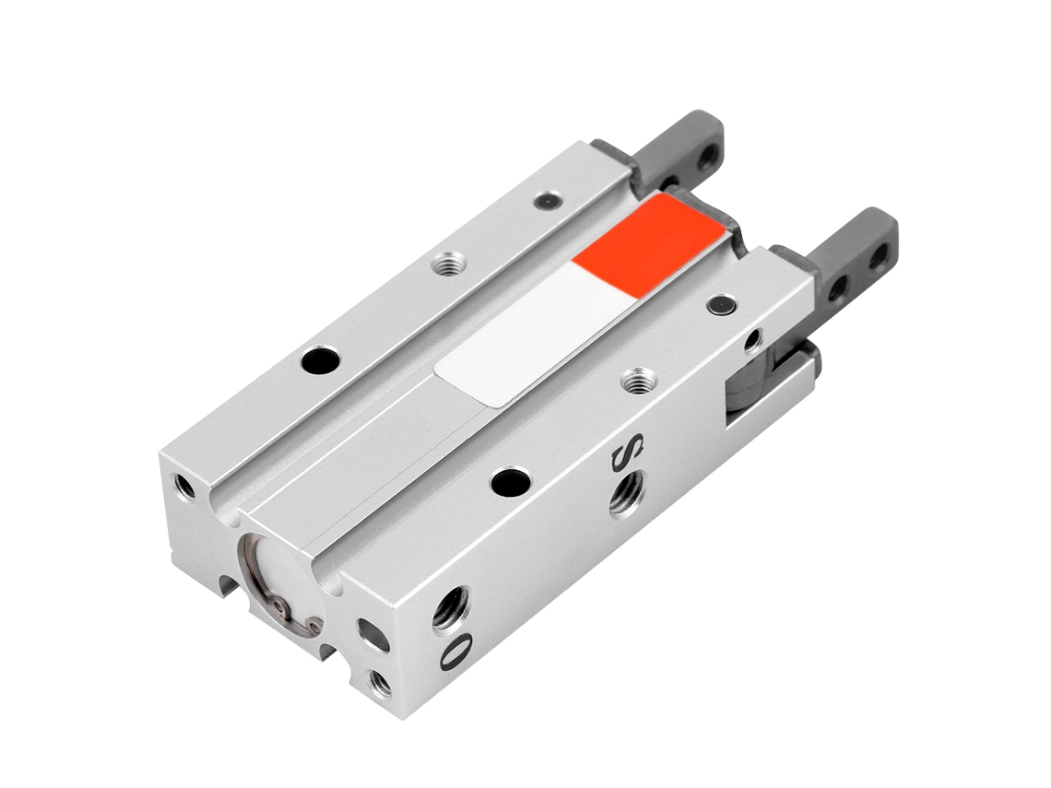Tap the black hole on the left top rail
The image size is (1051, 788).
point(320,361)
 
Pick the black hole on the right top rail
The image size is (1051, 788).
point(510,480)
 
